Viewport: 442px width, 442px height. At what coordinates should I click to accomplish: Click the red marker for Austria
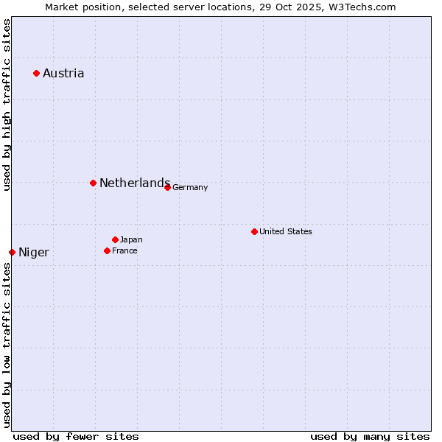point(36,73)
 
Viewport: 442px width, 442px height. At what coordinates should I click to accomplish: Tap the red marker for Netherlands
point(93,183)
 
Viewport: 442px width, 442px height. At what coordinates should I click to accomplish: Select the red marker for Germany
point(167,187)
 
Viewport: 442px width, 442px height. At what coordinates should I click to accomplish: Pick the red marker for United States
point(254,231)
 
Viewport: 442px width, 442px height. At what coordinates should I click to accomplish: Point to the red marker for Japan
point(115,239)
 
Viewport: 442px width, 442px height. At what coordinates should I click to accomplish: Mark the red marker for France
point(107,250)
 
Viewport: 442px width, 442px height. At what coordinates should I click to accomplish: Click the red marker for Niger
point(12,252)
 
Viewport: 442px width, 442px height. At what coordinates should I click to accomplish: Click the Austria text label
point(63,73)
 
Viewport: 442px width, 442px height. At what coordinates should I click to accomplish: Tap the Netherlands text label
point(135,183)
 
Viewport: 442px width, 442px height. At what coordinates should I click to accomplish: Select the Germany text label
point(190,187)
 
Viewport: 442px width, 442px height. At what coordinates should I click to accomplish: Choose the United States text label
point(286,231)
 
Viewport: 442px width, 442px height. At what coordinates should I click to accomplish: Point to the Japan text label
point(131,239)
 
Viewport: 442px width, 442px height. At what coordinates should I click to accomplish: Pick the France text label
point(124,250)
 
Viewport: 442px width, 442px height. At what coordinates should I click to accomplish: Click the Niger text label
point(34,253)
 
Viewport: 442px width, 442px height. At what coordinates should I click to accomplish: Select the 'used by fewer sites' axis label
point(76,436)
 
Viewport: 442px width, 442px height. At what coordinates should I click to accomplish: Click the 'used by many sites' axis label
point(370,436)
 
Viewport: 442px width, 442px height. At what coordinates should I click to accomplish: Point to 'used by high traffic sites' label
point(7,105)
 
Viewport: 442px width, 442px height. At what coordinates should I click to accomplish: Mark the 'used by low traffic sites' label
point(7,345)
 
